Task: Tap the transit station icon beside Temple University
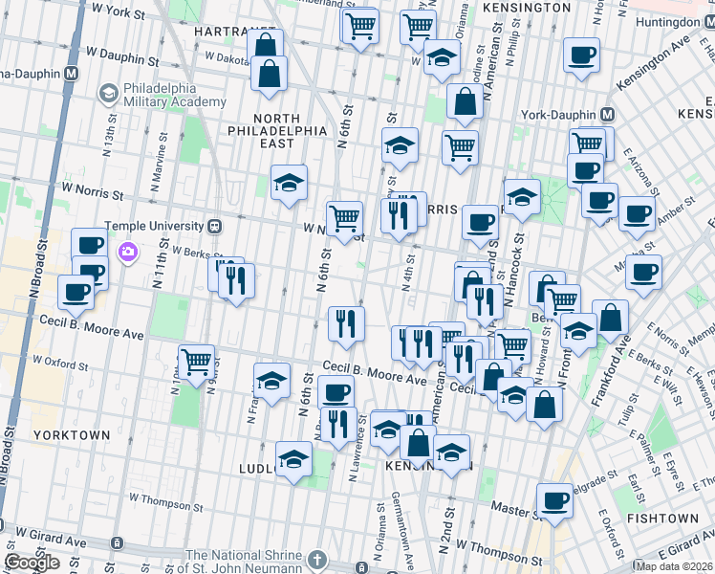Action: click(x=215, y=227)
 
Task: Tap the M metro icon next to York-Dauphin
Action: click(x=608, y=114)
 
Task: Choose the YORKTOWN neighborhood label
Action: click(x=72, y=435)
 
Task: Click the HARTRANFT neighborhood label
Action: click(x=223, y=32)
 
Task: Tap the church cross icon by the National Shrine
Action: click(x=319, y=559)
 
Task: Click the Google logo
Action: click(x=32, y=563)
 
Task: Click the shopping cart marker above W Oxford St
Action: click(x=197, y=363)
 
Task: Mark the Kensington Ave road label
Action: click(x=652, y=65)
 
